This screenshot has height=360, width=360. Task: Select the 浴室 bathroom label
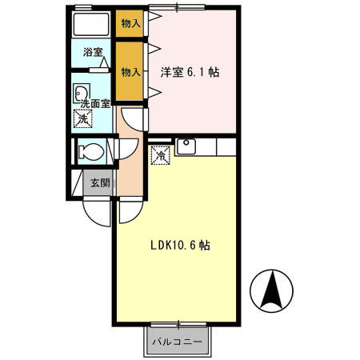click(x=93, y=54)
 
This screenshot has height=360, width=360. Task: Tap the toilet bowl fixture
click(x=90, y=150)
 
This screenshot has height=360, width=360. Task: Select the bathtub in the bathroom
click(x=91, y=23)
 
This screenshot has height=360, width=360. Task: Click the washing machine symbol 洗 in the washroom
click(x=82, y=119)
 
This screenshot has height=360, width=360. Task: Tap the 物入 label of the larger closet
click(x=130, y=72)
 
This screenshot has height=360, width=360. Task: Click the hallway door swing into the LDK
click(x=129, y=210)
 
